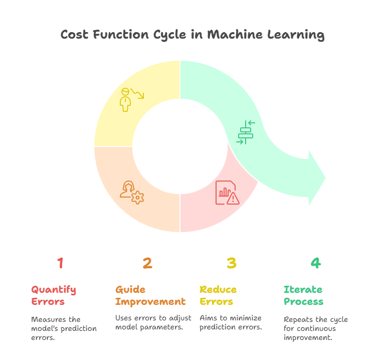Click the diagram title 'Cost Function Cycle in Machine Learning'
click(192, 35)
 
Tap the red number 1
click(60, 263)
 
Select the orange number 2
click(147, 263)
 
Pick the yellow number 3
click(232, 263)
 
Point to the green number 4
click(316, 263)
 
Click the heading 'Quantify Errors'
click(54, 295)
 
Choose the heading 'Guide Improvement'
click(150, 295)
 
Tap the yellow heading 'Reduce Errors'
click(218, 295)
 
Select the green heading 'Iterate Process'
click(303, 295)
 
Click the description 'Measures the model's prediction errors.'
click(64, 328)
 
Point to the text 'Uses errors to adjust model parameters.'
click(153, 322)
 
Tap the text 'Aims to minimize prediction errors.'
click(231, 322)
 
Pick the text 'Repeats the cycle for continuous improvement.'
click(316, 328)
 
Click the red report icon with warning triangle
click(228, 193)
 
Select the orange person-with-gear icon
click(132, 193)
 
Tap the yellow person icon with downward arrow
click(132, 100)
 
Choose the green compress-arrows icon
click(246, 132)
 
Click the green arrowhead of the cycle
click(317, 178)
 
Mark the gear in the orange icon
click(137, 198)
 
